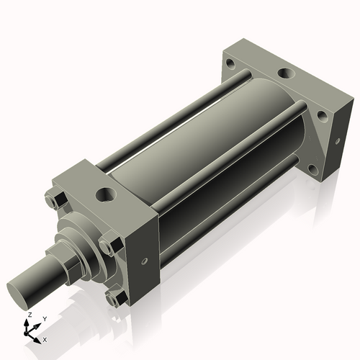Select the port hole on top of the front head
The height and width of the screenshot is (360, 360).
click(106, 194)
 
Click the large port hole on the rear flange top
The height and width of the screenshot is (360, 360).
click(287, 73)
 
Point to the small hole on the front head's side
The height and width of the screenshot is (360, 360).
click(144, 261)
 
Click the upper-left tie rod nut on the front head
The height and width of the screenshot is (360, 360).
click(57, 199)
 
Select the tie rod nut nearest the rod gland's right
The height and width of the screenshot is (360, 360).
click(111, 244)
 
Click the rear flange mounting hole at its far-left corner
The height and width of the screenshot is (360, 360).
click(231, 63)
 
